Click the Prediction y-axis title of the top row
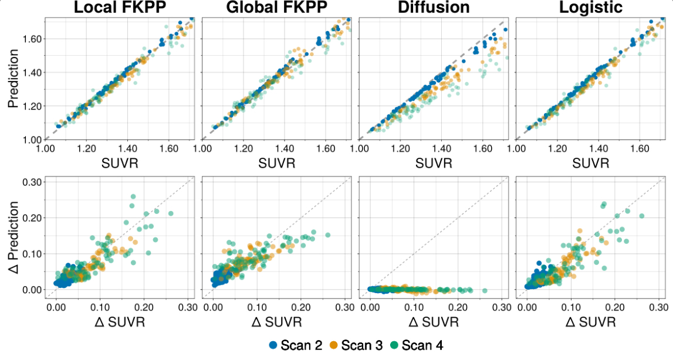[x=13, y=79]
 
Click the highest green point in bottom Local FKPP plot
[x=133, y=196]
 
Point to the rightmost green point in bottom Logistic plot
[x=642, y=216]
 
